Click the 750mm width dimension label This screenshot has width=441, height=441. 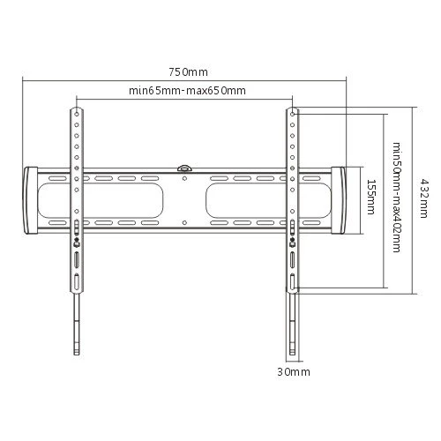tap(188, 72)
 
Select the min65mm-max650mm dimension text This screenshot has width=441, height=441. tap(187, 90)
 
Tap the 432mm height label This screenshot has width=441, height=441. tap(423, 198)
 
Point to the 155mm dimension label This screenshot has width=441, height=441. tap(371, 197)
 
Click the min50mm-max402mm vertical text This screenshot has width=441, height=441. tap(397, 198)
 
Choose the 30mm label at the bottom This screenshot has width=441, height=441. tap(294, 372)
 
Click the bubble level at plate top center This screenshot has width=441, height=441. tap(184, 168)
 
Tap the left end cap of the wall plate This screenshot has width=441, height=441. tap(30, 200)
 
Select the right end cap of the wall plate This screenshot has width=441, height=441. tap(338, 200)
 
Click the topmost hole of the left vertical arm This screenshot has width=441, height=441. tap(77, 114)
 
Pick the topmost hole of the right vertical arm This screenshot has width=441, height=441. tap(292, 114)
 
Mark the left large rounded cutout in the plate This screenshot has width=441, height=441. tap(101, 200)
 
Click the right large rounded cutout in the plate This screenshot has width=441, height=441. tap(268, 200)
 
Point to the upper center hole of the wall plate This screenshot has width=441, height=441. tap(184, 178)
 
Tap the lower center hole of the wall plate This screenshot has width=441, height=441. tap(184, 223)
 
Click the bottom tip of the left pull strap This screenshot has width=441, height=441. tap(77, 355)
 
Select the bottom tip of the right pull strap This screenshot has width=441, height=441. tap(292, 355)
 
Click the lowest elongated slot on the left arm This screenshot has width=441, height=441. tap(77, 281)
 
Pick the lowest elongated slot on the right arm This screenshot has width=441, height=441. tap(293, 281)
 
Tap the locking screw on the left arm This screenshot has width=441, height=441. tap(77, 243)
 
